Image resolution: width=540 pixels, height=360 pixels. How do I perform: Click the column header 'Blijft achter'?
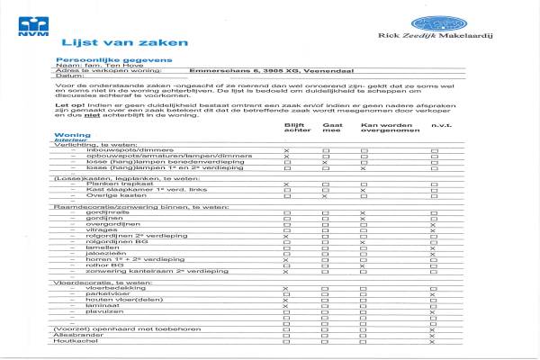pos(295,129)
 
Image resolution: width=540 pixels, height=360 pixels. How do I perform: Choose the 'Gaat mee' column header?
pos(332,129)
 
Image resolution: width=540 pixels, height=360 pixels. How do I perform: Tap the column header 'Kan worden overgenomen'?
pos(386,129)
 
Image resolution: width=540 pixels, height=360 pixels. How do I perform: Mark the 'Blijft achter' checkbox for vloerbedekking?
pos(286,288)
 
